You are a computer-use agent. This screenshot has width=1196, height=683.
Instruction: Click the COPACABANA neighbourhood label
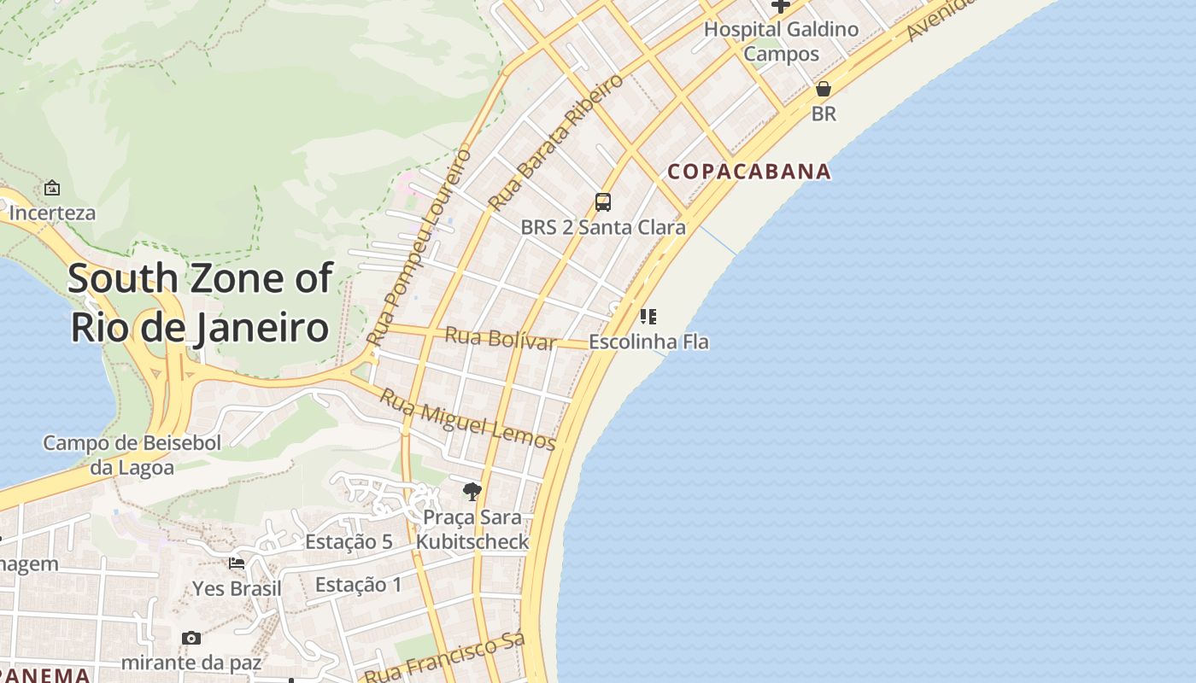point(748,172)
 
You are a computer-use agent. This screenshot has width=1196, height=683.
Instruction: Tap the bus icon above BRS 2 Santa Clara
point(603,202)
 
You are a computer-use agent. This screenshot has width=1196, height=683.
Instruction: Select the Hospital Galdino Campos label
point(781,41)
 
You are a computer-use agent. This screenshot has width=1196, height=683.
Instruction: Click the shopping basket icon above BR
point(824,89)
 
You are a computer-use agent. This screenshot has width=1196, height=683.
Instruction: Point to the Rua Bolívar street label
point(501,339)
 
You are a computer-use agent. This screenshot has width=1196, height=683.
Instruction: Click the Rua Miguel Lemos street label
point(467,420)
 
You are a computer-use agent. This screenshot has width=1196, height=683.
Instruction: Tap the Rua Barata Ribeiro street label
point(556,143)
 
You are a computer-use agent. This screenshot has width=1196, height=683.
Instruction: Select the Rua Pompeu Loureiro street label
point(419,248)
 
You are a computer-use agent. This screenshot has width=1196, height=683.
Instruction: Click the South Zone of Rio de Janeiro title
point(200,302)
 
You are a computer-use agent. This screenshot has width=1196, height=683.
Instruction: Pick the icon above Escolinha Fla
point(648,318)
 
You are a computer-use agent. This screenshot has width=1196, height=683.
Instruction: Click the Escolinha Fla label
point(649,342)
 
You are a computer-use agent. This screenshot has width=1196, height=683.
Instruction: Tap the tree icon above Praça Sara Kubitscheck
point(472,491)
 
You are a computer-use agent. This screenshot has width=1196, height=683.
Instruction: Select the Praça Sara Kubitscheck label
point(472,529)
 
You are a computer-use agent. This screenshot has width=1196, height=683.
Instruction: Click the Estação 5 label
point(349,541)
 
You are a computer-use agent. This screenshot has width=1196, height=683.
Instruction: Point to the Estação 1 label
point(359,585)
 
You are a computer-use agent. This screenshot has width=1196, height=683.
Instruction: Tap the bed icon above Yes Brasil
point(237,563)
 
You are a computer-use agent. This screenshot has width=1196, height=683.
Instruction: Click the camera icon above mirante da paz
point(191,638)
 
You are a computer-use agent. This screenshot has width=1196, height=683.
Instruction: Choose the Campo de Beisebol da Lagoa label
point(132,455)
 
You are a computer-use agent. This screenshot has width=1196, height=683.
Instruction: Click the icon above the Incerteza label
point(52,188)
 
